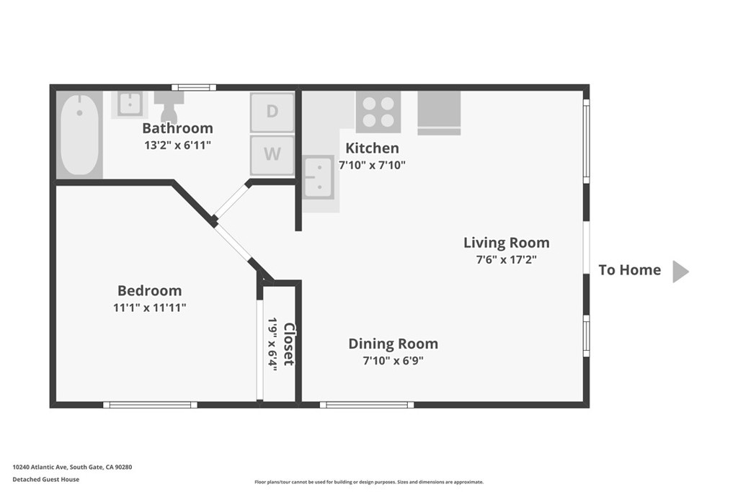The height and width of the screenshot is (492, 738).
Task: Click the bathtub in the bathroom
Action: click(79, 135)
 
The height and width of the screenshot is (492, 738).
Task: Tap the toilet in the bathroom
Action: click(169, 107)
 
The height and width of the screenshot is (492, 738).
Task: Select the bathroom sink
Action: click(130, 104)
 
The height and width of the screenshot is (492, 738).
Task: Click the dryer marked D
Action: click(272, 112)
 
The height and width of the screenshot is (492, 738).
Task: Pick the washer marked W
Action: click(272, 155)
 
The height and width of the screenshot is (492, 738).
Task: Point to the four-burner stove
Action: click(378, 112)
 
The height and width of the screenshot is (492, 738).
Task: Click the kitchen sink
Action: click(319, 178)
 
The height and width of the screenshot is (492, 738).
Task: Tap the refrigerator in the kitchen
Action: click(439, 113)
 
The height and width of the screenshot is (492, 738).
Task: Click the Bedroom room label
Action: click(150, 291)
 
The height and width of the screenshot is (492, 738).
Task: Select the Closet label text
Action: click(288, 344)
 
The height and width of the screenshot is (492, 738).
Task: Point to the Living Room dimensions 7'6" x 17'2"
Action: click(507, 259)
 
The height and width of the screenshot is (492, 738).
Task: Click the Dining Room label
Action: click(393, 344)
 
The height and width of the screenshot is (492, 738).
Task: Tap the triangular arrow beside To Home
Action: click(680, 272)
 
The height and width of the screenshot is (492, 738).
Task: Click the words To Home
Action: click(630, 270)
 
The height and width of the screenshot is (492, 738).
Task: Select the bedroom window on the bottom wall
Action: click(150, 405)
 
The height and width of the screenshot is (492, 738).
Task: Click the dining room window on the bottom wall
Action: click(367, 405)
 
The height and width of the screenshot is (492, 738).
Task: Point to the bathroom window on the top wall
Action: click(194, 87)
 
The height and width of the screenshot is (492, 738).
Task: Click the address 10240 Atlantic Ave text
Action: click(40, 467)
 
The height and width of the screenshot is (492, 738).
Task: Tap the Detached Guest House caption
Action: click(45, 479)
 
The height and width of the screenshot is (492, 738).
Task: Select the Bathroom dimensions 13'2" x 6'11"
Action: click(177, 146)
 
